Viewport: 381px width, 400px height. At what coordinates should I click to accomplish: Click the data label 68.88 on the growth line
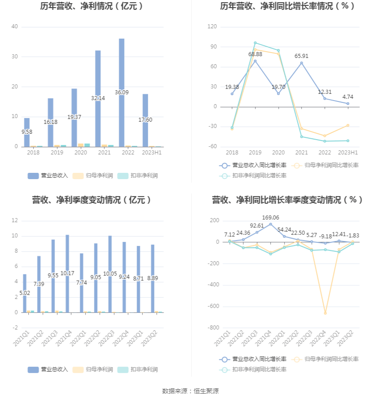click(x=255, y=54)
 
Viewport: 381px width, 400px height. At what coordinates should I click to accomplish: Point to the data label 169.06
click(x=270, y=217)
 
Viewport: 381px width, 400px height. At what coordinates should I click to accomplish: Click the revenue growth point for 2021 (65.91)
click(x=301, y=63)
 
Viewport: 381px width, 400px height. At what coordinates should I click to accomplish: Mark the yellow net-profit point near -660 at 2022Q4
click(x=325, y=313)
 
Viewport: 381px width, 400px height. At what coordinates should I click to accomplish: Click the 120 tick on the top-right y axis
click(x=212, y=27)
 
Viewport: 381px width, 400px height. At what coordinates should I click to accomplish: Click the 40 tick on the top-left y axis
click(x=15, y=27)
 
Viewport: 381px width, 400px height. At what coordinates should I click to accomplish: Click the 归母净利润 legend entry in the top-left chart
click(x=93, y=176)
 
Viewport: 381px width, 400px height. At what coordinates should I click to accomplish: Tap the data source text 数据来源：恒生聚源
click(x=190, y=391)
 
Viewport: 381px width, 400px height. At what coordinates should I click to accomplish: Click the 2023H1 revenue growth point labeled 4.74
click(x=348, y=104)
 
